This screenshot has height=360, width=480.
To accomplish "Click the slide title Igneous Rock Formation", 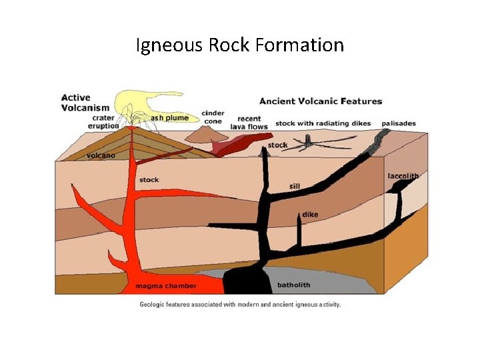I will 240,45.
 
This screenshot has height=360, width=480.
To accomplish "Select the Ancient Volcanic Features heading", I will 321,101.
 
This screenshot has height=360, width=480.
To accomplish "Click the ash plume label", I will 170,118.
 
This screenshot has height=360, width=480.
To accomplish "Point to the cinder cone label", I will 213,117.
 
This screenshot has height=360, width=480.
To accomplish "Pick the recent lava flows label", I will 249,123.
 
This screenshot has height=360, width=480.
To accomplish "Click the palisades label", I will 399,123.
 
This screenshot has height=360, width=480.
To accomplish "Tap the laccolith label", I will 403,176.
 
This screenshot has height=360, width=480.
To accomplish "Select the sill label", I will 295,186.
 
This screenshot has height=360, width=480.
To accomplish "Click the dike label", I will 310,215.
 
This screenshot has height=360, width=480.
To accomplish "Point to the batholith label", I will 294,285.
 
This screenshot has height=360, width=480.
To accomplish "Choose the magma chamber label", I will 166,286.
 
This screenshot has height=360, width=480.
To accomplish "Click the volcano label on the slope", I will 101,155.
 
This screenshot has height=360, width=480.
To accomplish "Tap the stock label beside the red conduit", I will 149,180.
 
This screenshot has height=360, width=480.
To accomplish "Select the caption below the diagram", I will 240,304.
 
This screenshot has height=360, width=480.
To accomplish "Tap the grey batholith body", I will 320,280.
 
